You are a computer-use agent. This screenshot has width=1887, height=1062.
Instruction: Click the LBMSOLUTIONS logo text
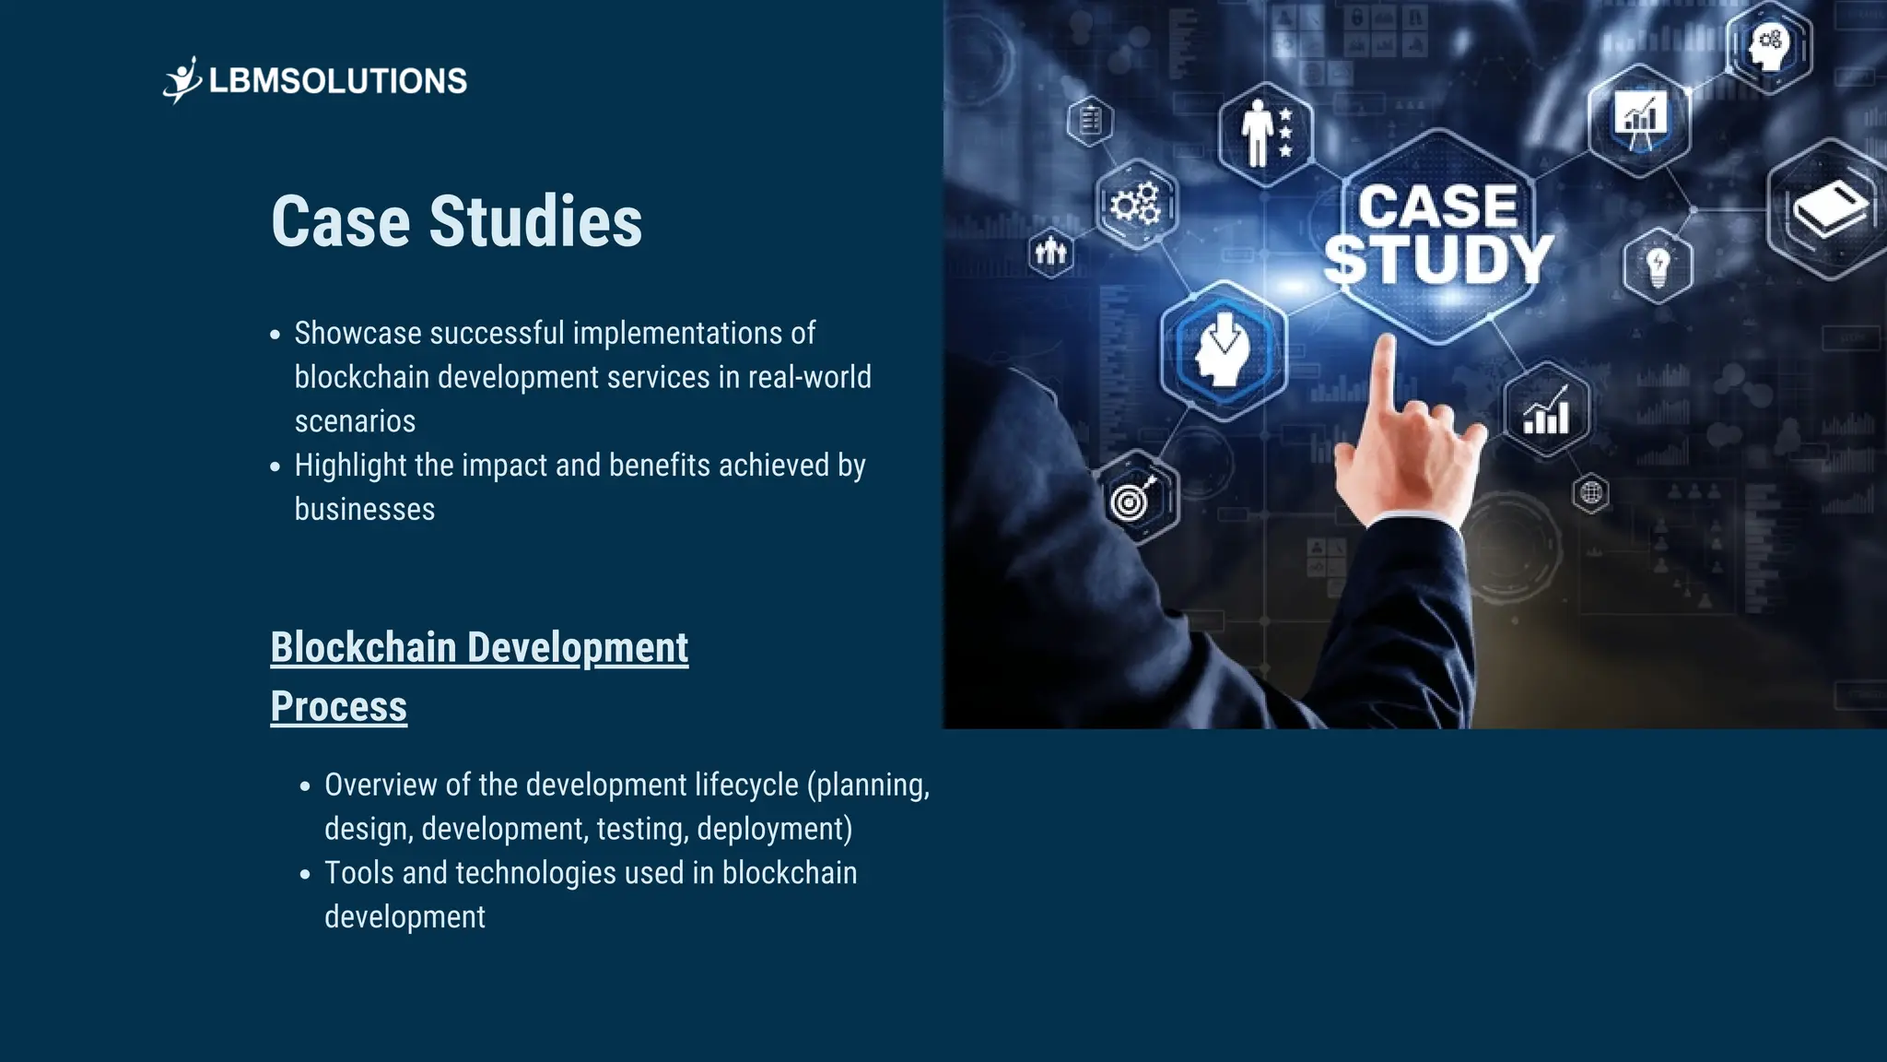pos(337,81)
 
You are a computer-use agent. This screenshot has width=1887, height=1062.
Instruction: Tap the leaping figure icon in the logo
pos(182,80)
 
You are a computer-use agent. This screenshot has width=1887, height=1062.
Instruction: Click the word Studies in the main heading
pos(535,222)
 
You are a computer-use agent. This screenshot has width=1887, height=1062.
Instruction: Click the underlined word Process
pos(338,707)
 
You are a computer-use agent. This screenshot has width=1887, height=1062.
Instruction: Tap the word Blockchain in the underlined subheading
pos(363,648)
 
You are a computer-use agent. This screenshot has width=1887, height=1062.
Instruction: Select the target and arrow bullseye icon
pos(1133,499)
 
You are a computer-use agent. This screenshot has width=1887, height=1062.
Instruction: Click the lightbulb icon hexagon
pos(1658,266)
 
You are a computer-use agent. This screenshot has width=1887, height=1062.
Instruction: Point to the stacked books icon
pos(1829,209)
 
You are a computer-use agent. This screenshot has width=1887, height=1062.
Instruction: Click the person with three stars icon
pos(1266,134)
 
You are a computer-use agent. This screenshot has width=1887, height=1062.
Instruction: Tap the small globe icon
pos(1591,493)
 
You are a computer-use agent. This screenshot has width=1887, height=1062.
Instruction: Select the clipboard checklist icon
pos(1090,121)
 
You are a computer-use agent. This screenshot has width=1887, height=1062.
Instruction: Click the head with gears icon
pos(1768,45)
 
